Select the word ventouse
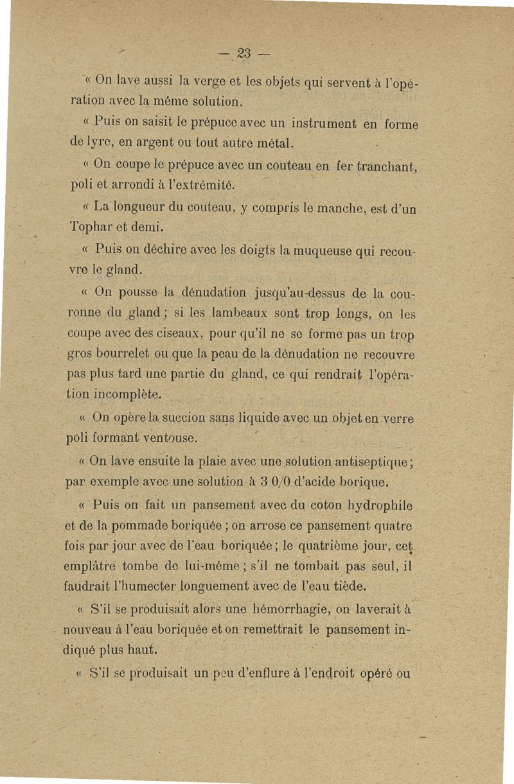tap(170, 439)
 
